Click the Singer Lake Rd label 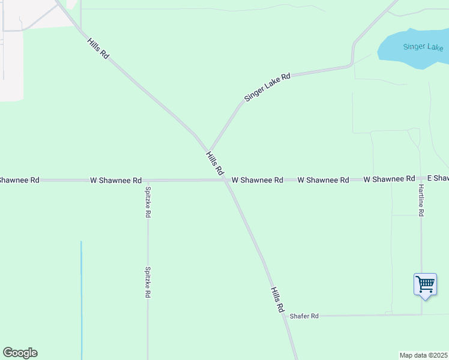(x=267, y=87)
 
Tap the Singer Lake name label (x=423, y=47)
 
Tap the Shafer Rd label (x=304, y=316)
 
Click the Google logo (x=20, y=353)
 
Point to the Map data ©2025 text (x=424, y=355)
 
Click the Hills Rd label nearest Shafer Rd (x=277, y=299)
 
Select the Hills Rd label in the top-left (x=98, y=48)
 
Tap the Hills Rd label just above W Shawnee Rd (x=214, y=163)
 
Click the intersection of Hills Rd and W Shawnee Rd (x=225, y=179)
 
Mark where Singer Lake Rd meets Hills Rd (x=208, y=150)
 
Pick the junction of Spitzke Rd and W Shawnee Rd (x=148, y=180)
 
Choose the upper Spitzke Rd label (x=148, y=202)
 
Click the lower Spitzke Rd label (x=147, y=282)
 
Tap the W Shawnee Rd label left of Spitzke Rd (x=116, y=180)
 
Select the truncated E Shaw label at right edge (x=438, y=179)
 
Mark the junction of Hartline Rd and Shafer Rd (x=421, y=314)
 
